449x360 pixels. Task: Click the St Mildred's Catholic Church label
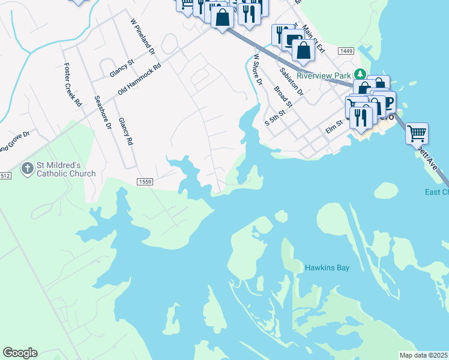point(67,169)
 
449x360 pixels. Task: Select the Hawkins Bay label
point(327,268)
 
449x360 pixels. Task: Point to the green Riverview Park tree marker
point(360,74)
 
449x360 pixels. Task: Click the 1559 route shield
point(144,181)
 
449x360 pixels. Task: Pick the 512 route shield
point(4,176)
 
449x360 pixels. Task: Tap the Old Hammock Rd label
point(140,79)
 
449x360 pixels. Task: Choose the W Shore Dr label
point(258,69)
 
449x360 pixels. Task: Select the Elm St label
point(333,126)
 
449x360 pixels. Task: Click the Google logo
point(20,353)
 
